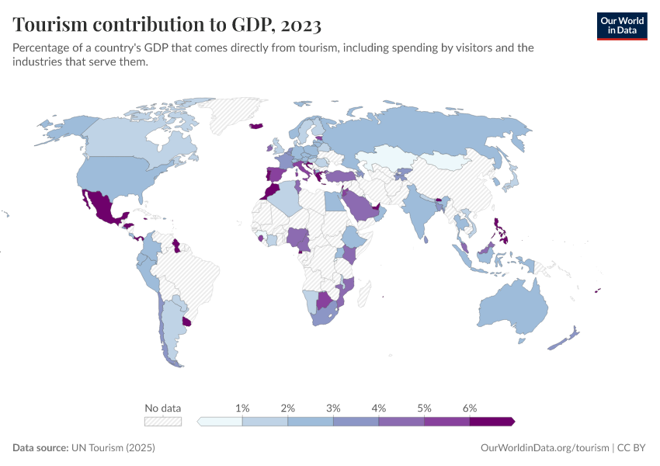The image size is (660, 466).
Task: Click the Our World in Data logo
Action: [x=621, y=25]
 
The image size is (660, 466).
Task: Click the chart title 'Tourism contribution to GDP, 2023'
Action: [x=167, y=25]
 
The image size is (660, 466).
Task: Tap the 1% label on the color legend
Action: [x=242, y=408]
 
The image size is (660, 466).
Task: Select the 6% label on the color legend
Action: [x=469, y=408]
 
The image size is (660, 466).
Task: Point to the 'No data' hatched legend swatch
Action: [x=163, y=422]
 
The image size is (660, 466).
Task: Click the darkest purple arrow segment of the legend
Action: [x=491, y=422]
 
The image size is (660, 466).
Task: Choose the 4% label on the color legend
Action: [x=379, y=408]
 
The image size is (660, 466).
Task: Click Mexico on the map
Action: [x=99, y=206]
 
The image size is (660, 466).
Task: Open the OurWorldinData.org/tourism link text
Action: [x=545, y=448]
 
